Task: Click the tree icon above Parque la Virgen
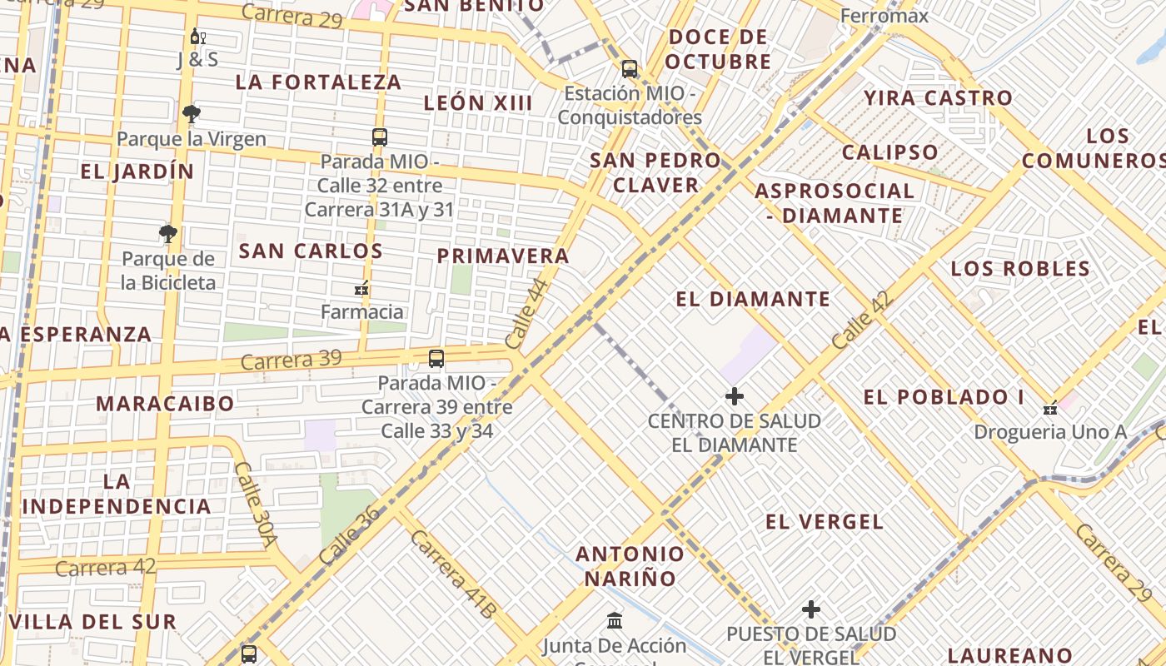[192, 113]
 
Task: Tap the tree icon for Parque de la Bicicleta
[168, 233]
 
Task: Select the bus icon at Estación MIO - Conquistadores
[630, 69]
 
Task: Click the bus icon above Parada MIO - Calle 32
[380, 137]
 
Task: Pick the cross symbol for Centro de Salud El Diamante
[734, 396]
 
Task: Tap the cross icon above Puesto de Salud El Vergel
[811, 609]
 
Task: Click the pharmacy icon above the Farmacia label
[361, 289]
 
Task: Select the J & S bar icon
[197, 37]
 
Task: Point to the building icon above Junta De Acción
[615, 620]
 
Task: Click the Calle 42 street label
[862, 320]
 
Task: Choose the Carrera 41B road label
[452, 574]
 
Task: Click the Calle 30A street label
[255, 504]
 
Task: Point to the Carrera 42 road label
[106, 568]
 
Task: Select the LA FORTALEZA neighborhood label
[319, 82]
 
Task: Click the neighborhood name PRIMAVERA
[503, 256]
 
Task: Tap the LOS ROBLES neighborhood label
[1020, 268]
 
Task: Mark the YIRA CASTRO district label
[938, 97]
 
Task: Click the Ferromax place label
[884, 15]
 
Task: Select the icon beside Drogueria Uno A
[1050, 408]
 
